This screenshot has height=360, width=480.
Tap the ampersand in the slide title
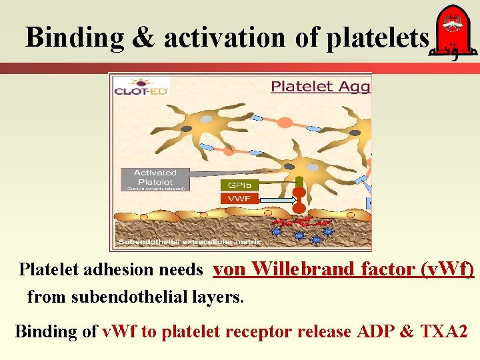pyautogui.click(x=143, y=38)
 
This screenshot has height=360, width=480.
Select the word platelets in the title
pyautogui.click(x=378, y=38)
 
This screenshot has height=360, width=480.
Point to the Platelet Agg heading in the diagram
pyautogui.click(x=321, y=86)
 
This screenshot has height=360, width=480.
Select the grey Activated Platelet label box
pyautogui.click(x=155, y=179)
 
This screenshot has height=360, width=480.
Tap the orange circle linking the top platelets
pyautogui.click(x=285, y=123)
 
